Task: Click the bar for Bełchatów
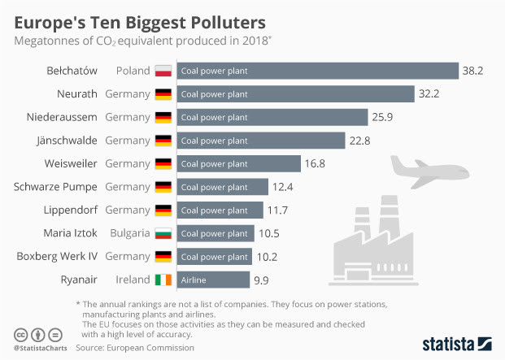pos(316,71)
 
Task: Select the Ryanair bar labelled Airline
pos(212,280)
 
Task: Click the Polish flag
pos(163,71)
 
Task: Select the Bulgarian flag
pos(163,234)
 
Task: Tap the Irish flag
pos(163,280)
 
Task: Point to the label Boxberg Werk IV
pos(57,257)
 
